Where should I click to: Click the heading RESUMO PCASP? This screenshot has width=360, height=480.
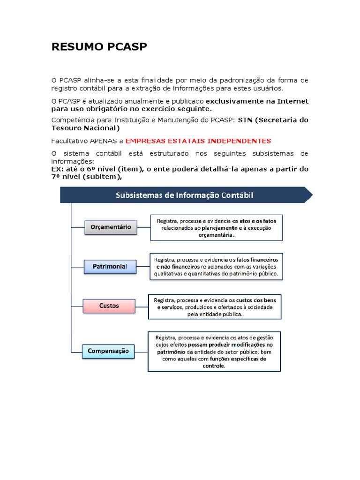(x=99, y=47)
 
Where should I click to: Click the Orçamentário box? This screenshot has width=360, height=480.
(x=111, y=228)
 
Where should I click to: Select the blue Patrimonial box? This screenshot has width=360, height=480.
(x=110, y=267)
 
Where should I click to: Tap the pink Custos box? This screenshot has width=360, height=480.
(x=109, y=306)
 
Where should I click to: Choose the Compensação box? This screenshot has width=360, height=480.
(x=108, y=351)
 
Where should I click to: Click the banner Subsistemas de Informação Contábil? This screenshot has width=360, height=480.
(x=185, y=195)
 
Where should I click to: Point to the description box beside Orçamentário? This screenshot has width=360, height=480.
(x=217, y=227)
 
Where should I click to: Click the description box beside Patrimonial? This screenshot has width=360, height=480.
(x=216, y=266)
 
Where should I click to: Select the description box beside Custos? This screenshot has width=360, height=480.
(x=215, y=307)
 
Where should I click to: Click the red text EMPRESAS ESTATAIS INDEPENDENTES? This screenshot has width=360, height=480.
(x=198, y=141)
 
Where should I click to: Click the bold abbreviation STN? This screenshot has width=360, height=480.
(x=245, y=120)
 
